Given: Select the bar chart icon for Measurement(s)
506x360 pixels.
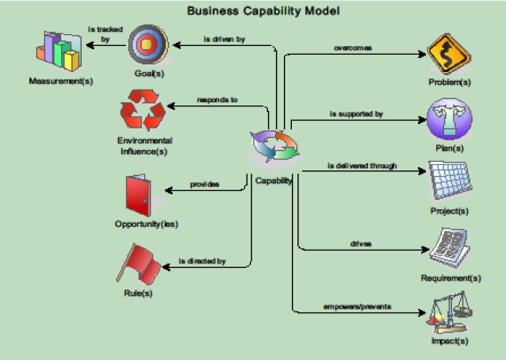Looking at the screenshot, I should click(59, 52).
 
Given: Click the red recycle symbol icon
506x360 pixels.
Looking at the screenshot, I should click(144, 112).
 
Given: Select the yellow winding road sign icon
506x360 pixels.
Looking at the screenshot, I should click(449, 53).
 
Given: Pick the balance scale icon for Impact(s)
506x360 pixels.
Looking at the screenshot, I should click(449, 312).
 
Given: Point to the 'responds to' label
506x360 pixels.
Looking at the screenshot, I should click(217, 101).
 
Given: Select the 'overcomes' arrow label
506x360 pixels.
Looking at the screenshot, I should click(353, 48).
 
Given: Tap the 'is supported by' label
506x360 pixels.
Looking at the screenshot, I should click(356, 114).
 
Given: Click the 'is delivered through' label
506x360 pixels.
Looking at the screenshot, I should click(362, 167).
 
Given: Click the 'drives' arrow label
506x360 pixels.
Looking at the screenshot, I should click(361, 243).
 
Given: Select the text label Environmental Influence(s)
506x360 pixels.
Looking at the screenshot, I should click(145, 145).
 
